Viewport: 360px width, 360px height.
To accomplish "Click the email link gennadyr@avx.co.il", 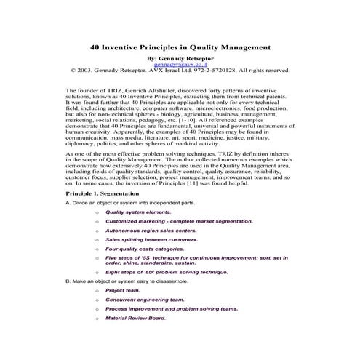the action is [x=180, y=64].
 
